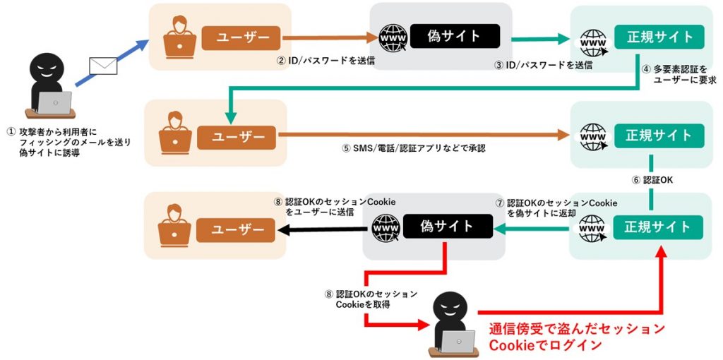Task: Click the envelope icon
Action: [x=102, y=66]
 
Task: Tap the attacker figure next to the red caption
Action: [x=453, y=321]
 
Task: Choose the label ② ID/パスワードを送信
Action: [x=325, y=61]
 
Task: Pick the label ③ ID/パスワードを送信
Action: [x=542, y=65]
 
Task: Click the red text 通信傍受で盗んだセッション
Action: [x=577, y=330]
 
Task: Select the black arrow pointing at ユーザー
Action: [x=322, y=229]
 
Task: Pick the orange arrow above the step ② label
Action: [x=329, y=37]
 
